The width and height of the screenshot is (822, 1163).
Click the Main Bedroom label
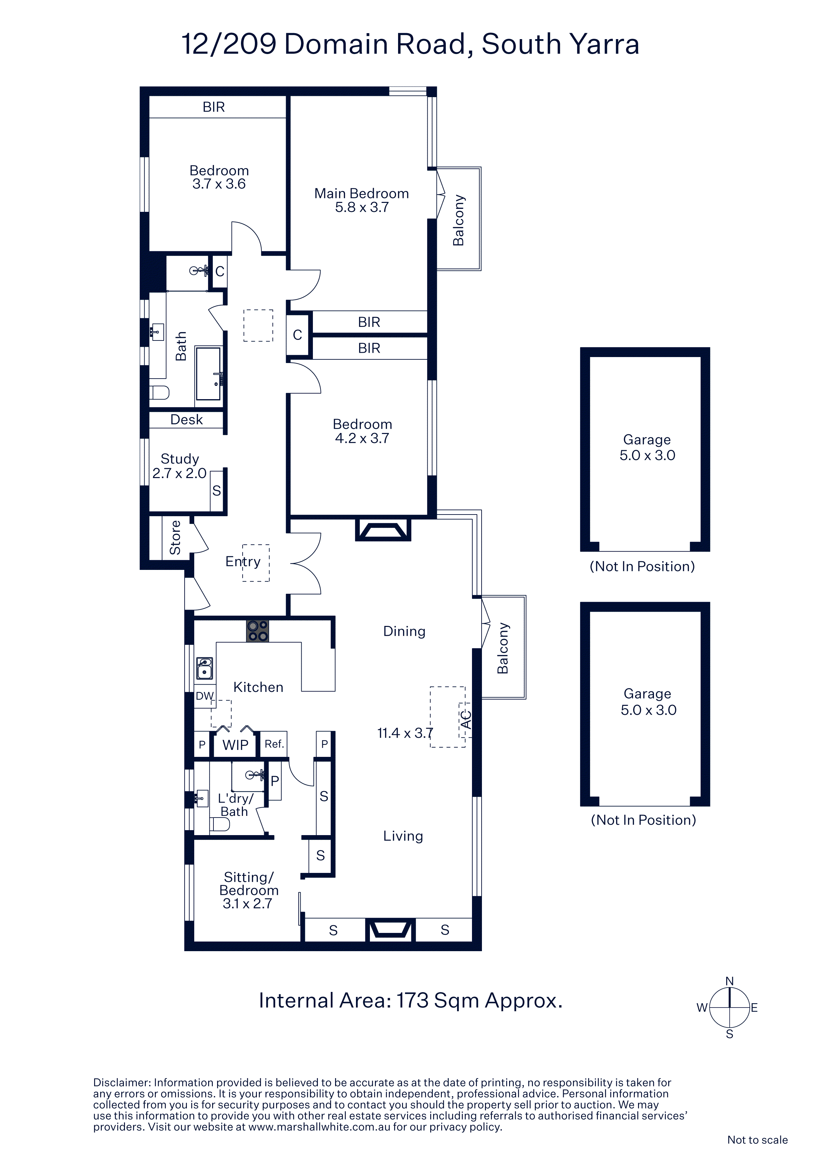pos(362,194)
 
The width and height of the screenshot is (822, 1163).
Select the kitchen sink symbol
pos(205,668)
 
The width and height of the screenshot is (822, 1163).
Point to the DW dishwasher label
pos(205,696)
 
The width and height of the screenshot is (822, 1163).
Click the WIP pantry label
pos(236,745)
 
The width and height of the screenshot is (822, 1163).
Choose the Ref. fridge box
pos(274,744)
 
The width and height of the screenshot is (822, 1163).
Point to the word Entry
pos(243,562)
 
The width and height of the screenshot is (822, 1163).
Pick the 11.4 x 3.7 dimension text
pos(405,733)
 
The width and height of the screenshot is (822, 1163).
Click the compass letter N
pos(730,981)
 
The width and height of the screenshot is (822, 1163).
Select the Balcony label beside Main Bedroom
pos(458,220)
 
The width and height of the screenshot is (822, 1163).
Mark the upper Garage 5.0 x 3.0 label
pos(647,447)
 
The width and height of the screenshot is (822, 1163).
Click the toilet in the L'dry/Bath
pos(220,824)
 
